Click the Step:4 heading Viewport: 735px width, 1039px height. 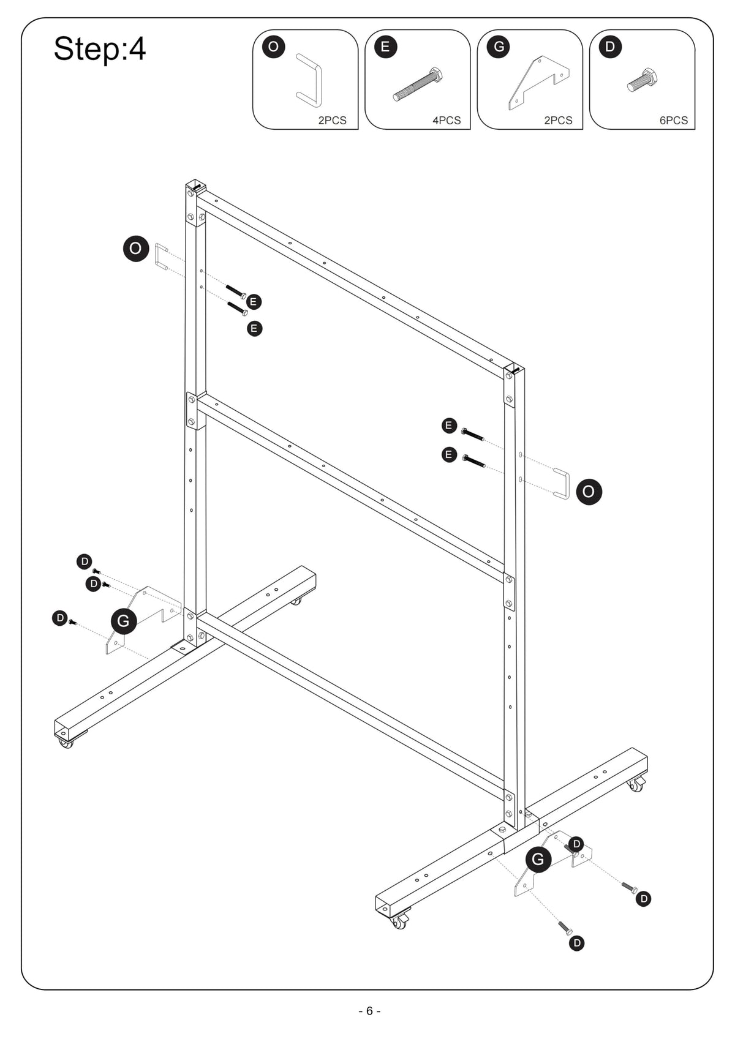click(100, 49)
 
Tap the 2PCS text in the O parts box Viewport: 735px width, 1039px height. click(332, 121)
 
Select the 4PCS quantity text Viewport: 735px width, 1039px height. click(447, 121)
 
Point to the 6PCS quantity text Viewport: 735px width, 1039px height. click(674, 121)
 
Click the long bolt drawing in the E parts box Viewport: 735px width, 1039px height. click(418, 84)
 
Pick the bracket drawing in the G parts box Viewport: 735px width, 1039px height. click(538, 83)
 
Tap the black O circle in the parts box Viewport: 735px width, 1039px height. click(273, 47)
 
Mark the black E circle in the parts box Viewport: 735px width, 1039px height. click(385, 47)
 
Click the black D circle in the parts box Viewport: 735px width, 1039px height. click(610, 47)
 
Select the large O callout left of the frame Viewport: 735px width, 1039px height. click(136, 249)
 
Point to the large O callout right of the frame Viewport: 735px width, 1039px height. click(589, 492)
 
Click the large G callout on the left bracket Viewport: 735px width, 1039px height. click(124, 621)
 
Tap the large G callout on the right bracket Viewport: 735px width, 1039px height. click(538, 859)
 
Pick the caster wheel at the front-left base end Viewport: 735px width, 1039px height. click(66, 743)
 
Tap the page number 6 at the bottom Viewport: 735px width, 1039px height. click(369, 1011)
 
